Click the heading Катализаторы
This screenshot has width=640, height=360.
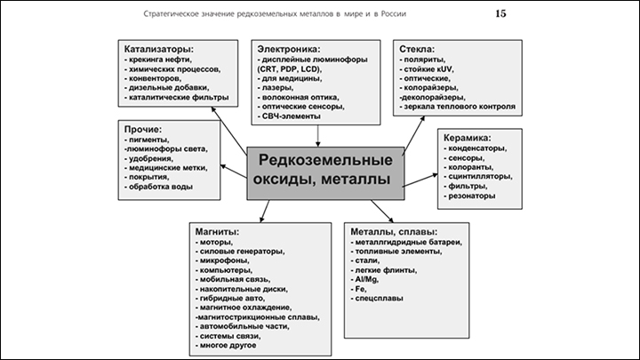tap(159, 48)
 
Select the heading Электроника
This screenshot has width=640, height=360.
tap(289, 48)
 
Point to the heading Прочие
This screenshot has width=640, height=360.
tap(142, 129)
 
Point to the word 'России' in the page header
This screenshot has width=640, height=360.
tap(406, 14)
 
